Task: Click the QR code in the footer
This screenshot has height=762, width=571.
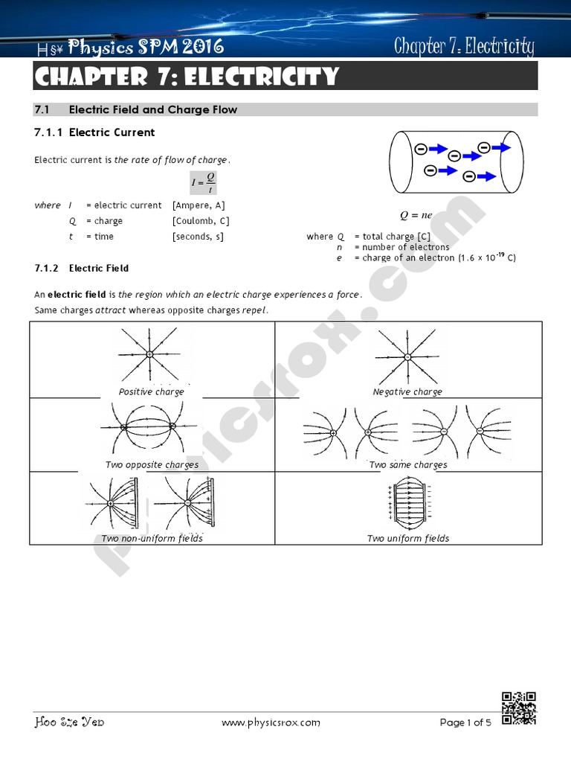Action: point(519,708)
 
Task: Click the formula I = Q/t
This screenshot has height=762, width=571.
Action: point(203,181)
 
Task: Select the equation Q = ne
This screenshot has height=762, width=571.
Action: point(416,216)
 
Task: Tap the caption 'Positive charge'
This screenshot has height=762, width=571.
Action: point(152,391)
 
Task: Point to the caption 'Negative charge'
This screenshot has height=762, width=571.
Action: point(407,391)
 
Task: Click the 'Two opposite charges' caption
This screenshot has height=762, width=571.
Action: point(152,465)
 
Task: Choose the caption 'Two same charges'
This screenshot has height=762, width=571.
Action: point(408,465)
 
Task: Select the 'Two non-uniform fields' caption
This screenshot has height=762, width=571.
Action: point(152,538)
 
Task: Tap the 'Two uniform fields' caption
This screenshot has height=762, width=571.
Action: point(408,538)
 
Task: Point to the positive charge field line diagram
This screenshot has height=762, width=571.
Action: point(149,354)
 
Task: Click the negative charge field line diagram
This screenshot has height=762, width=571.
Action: point(407,356)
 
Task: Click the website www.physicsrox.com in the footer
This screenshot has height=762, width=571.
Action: point(271,722)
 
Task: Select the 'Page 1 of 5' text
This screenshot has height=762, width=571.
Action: point(465,722)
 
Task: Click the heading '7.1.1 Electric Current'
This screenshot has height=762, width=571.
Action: point(95,132)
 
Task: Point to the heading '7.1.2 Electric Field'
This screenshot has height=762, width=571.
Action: point(82,268)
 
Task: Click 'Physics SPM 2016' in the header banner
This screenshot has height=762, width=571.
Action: point(146,48)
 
